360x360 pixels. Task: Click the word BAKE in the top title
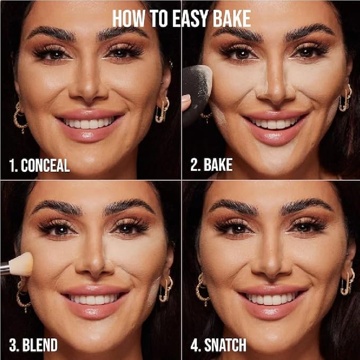coord(231,19)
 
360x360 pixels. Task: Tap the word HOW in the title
coord(128,19)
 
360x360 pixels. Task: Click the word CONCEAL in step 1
coord(45,165)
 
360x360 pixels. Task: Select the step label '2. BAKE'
coord(212,164)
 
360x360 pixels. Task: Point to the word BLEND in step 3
coord(40,345)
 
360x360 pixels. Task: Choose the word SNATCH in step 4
coord(225,345)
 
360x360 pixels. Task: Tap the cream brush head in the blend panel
coord(21,264)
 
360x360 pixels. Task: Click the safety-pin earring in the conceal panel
coord(163,110)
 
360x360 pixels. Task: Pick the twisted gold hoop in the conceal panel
coord(20,117)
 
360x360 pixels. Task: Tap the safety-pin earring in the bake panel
coord(346,98)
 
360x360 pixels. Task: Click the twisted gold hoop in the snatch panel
coord(202,289)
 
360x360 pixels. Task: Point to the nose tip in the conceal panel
coord(89,91)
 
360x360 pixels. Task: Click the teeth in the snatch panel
coord(271,299)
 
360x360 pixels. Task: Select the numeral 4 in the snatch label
coord(194,345)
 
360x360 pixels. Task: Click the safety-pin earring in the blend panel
coord(166,289)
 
